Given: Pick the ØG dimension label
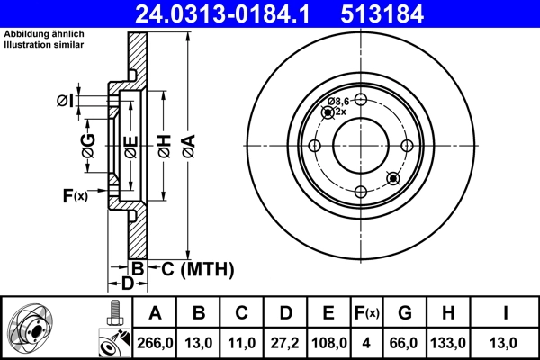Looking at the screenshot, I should [88, 151].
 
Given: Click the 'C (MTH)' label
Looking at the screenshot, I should [197, 268].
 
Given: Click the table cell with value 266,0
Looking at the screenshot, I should [156, 343].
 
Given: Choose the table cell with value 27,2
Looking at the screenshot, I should [285, 343].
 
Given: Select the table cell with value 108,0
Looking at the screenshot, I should [328, 343].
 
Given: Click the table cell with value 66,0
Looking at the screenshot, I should [405, 343].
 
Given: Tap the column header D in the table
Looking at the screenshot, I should [285, 313].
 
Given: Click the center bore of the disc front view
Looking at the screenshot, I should [360, 147].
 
